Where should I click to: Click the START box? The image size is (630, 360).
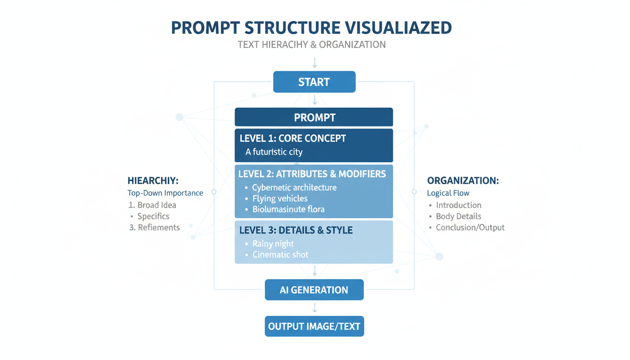pos(314,82)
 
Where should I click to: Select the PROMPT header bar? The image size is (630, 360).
pos(314,117)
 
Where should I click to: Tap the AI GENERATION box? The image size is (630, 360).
pos(314,290)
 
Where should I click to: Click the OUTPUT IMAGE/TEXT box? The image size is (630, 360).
pos(314,326)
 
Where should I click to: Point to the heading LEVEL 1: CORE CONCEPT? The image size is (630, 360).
pos(292,139)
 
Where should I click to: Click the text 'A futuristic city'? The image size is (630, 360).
pos(274,152)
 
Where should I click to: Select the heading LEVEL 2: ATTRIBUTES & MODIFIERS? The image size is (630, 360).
pos(312,174)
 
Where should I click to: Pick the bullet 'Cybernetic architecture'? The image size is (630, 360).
pos(294,187)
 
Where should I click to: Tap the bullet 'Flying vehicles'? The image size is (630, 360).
pos(279,199)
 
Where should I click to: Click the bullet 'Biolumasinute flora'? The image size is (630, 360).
pos(288,210)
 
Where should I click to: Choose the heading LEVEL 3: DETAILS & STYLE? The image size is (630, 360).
pos(295,231)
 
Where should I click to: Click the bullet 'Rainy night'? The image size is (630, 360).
pos(273,244)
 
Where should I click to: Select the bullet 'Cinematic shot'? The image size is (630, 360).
pos(280,255)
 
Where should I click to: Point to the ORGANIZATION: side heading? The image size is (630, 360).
pos(463,180)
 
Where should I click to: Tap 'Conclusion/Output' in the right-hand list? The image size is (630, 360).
pos(470,228)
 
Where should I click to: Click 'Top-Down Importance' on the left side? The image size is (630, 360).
pos(165,193)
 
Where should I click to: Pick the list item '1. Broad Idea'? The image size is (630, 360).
pos(152,205)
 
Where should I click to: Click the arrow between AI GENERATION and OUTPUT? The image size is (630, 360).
pos(315,308)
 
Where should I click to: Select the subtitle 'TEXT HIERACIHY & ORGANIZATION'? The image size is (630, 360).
pos(311,45)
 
